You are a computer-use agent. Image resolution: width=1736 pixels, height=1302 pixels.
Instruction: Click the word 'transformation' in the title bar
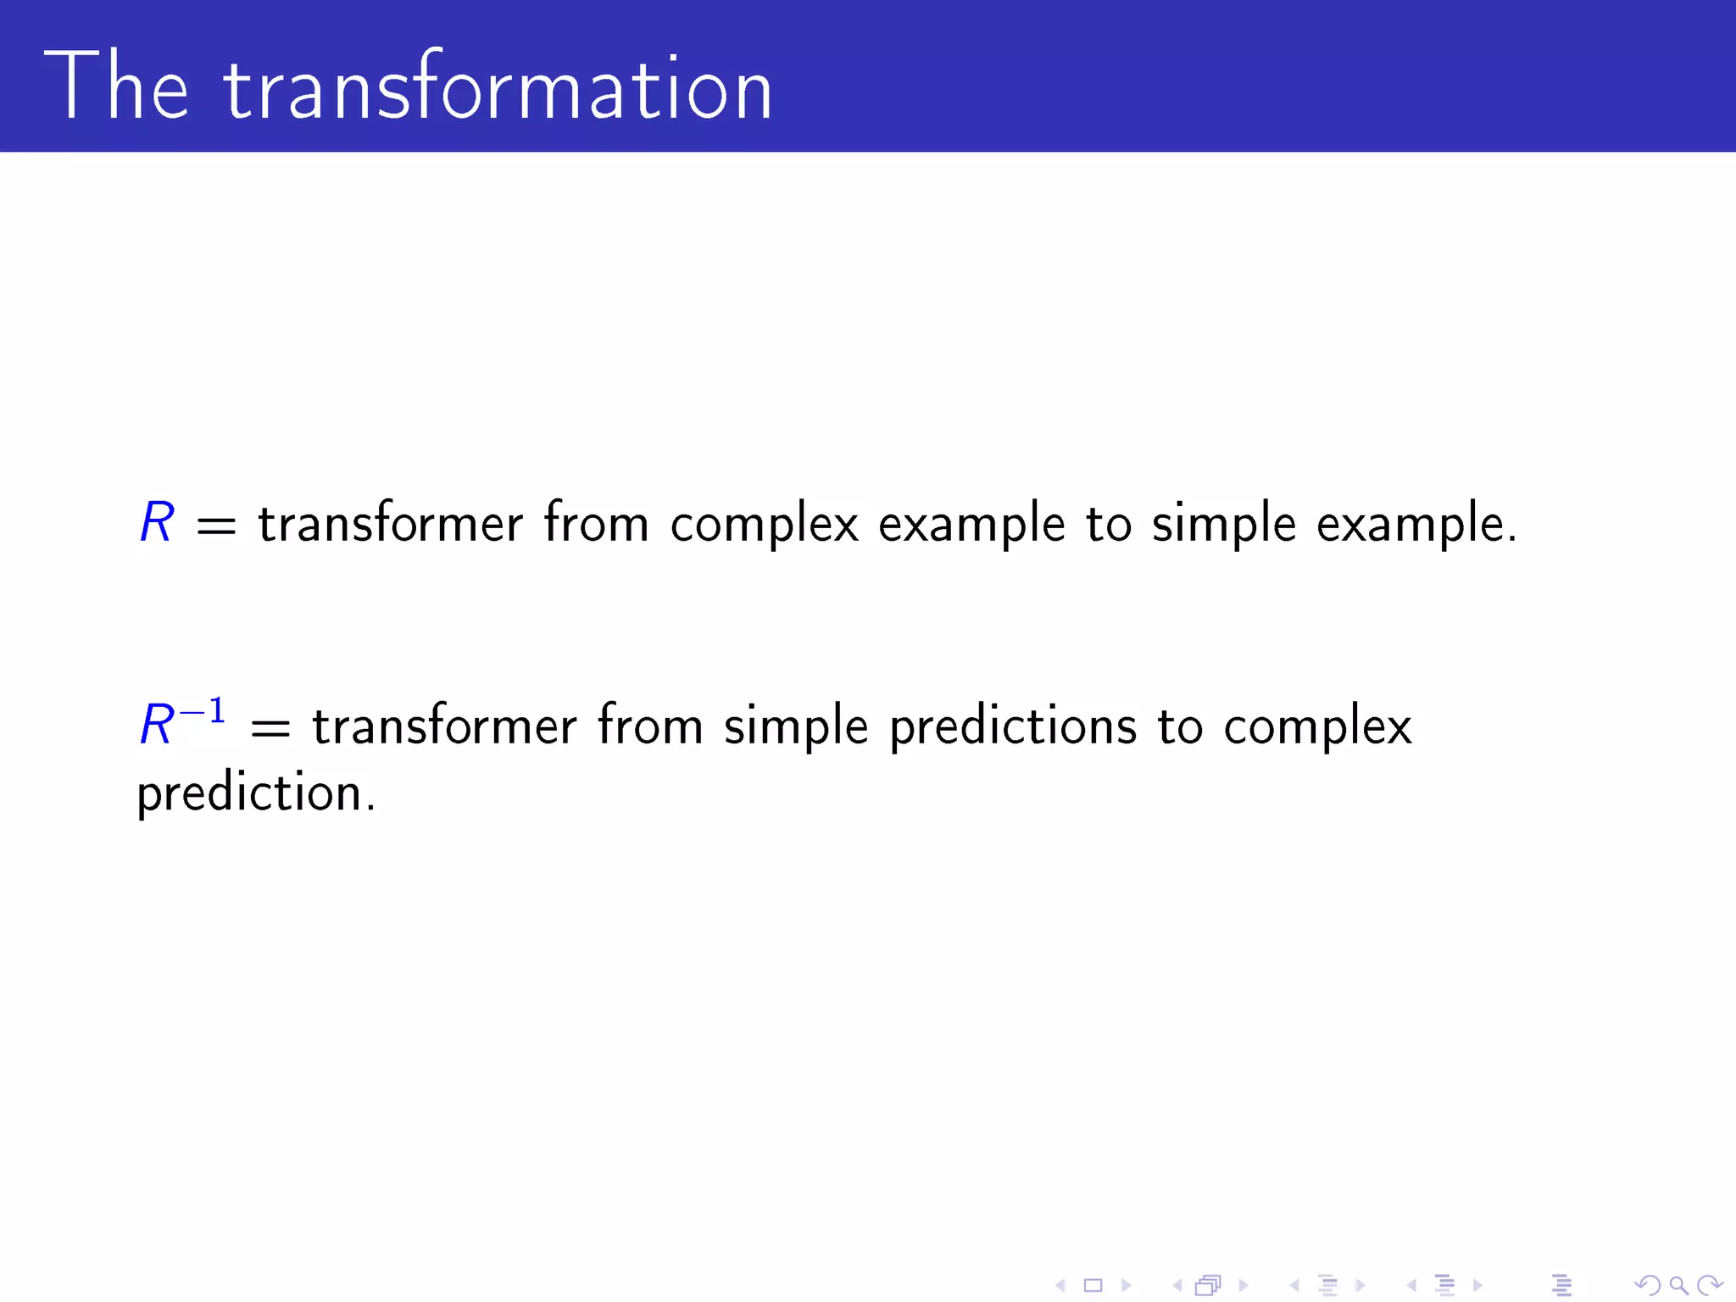click(498, 86)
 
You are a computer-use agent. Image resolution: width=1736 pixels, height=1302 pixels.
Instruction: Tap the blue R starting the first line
click(157, 522)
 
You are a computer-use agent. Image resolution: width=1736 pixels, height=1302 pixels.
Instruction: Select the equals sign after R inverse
click(270, 728)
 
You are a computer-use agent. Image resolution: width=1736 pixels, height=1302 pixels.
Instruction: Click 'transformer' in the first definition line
click(390, 523)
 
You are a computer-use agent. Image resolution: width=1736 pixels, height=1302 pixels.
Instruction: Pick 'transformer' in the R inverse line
click(444, 726)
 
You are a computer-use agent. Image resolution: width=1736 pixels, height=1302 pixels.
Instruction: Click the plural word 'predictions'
click(1012, 726)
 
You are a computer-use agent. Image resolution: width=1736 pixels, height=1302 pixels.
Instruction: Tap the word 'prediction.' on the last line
click(255, 794)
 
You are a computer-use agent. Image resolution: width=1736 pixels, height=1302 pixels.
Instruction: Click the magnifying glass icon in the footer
click(1678, 1285)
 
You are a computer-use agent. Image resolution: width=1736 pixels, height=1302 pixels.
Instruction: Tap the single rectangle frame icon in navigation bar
click(1093, 1285)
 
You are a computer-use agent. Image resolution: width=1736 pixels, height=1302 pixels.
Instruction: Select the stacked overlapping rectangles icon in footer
click(1208, 1285)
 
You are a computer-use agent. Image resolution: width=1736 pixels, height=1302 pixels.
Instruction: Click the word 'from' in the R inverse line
click(650, 726)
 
